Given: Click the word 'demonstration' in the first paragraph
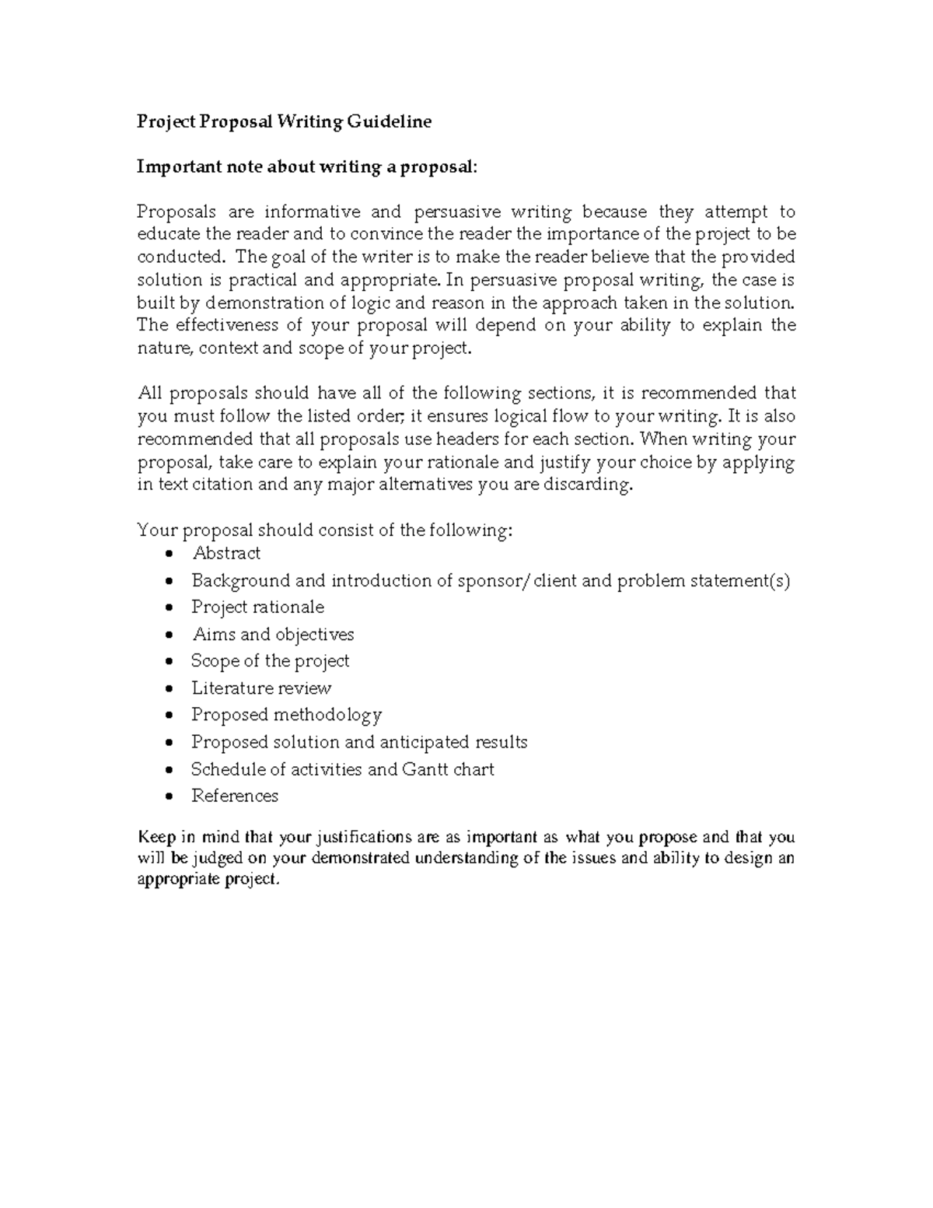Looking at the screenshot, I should click(x=264, y=303).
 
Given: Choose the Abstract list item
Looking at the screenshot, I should click(x=226, y=554).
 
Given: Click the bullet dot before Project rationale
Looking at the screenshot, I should click(x=170, y=608).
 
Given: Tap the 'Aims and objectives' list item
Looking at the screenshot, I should click(x=273, y=635).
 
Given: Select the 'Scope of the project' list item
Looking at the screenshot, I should click(x=270, y=661).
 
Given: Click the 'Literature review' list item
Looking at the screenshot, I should click(x=261, y=688).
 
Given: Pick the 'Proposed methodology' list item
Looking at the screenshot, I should click(x=286, y=715).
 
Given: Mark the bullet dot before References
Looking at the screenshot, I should click(x=170, y=797).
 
